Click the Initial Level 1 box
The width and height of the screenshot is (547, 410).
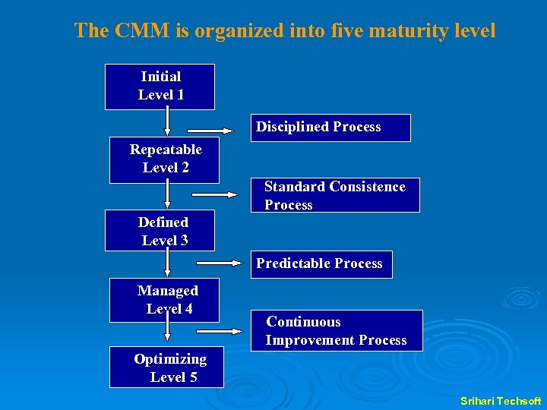160,87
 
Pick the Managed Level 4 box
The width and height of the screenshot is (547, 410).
164,300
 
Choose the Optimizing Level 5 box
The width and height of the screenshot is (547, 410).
167,367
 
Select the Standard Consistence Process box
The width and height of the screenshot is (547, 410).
334,196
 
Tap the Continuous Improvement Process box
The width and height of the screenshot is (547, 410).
336,331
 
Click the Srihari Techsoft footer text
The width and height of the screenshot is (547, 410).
501,400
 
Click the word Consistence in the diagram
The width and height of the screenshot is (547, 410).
365,187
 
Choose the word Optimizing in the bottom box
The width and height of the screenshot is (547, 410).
170,359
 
